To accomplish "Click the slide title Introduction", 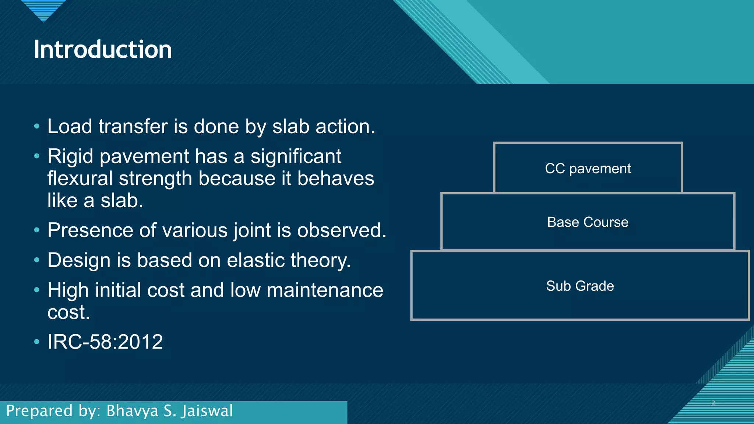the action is pyautogui.click(x=103, y=49).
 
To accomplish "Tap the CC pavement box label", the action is pyautogui.click(x=588, y=169).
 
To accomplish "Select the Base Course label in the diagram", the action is pyautogui.click(x=588, y=222).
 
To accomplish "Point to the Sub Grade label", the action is pyautogui.click(x=580, y=286).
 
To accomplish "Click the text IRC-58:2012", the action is pyautogui.click(x=105, y=342).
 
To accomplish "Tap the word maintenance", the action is pyautogui.click(x=325, y=290).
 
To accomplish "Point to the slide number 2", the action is pyautogui.click(x=713, y=403).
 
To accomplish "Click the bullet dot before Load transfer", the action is pyautogui.click(x=36, y=127).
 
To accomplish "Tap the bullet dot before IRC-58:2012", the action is pyautogui.click(x=36, y=342).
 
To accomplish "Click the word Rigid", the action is pyautogui.click(x=70, y=156).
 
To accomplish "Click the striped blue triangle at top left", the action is pyautogui.click(x=43, y=9).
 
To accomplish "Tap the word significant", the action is pyautogui.click(x=296, y=156).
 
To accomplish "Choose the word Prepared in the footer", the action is pyautogui.click(x=39, y=411).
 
